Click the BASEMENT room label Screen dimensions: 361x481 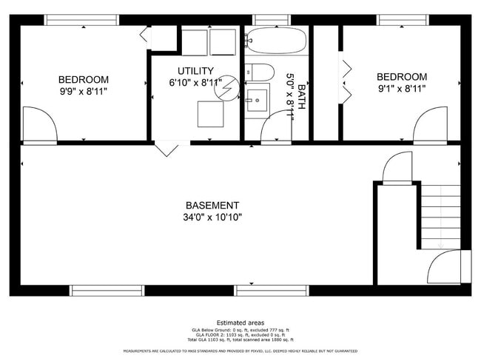(212, 205)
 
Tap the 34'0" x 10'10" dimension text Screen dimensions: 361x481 (212, 217)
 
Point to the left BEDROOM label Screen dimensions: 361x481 (84, 80)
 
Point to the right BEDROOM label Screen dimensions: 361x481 (402, 77)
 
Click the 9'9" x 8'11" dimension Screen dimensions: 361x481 (84, 92)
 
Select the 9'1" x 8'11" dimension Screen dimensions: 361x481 (402, 89)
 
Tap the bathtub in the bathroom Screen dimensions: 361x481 (275, 41)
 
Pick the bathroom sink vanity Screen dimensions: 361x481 (258, 100)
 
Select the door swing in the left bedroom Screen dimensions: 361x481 (39, 124)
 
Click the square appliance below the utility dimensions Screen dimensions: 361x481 (211, 113)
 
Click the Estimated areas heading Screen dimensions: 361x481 (240, 323)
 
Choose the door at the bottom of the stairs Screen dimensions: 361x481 (446, 267)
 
